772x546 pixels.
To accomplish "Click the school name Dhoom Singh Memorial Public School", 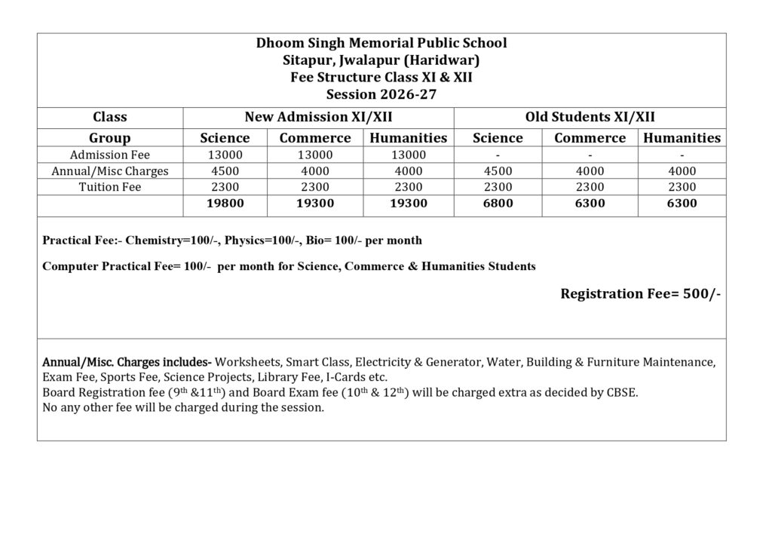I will click(x=381, y=43).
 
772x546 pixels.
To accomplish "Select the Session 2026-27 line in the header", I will click(x=381, y=94).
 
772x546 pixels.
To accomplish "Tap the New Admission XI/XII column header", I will click(x=318, y=117).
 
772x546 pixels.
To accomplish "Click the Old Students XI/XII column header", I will click(x=590, y=117).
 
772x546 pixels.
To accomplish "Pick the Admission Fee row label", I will click(x=110, y=155).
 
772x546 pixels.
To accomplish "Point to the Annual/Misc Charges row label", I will click(x=110, y=171).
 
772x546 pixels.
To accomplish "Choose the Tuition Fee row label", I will click(x=110, y=187).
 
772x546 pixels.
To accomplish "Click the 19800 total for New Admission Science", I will click(x=225, y=204).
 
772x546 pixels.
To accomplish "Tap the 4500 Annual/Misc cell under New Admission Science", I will click(x=225, y=171).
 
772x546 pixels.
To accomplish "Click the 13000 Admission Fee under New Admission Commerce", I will click(x=315, y=155).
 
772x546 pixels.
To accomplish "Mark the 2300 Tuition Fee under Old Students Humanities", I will click(x=682, y=187).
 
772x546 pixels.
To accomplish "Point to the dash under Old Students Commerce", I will click(x=590, y=155).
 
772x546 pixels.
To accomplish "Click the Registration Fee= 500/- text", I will click(x=640, y=294).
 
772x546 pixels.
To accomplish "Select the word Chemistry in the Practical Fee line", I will click(x=152, y=241).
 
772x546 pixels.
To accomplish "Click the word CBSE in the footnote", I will click(x=622, y=393).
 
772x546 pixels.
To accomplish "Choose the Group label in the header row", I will click(x=110, y=138).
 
